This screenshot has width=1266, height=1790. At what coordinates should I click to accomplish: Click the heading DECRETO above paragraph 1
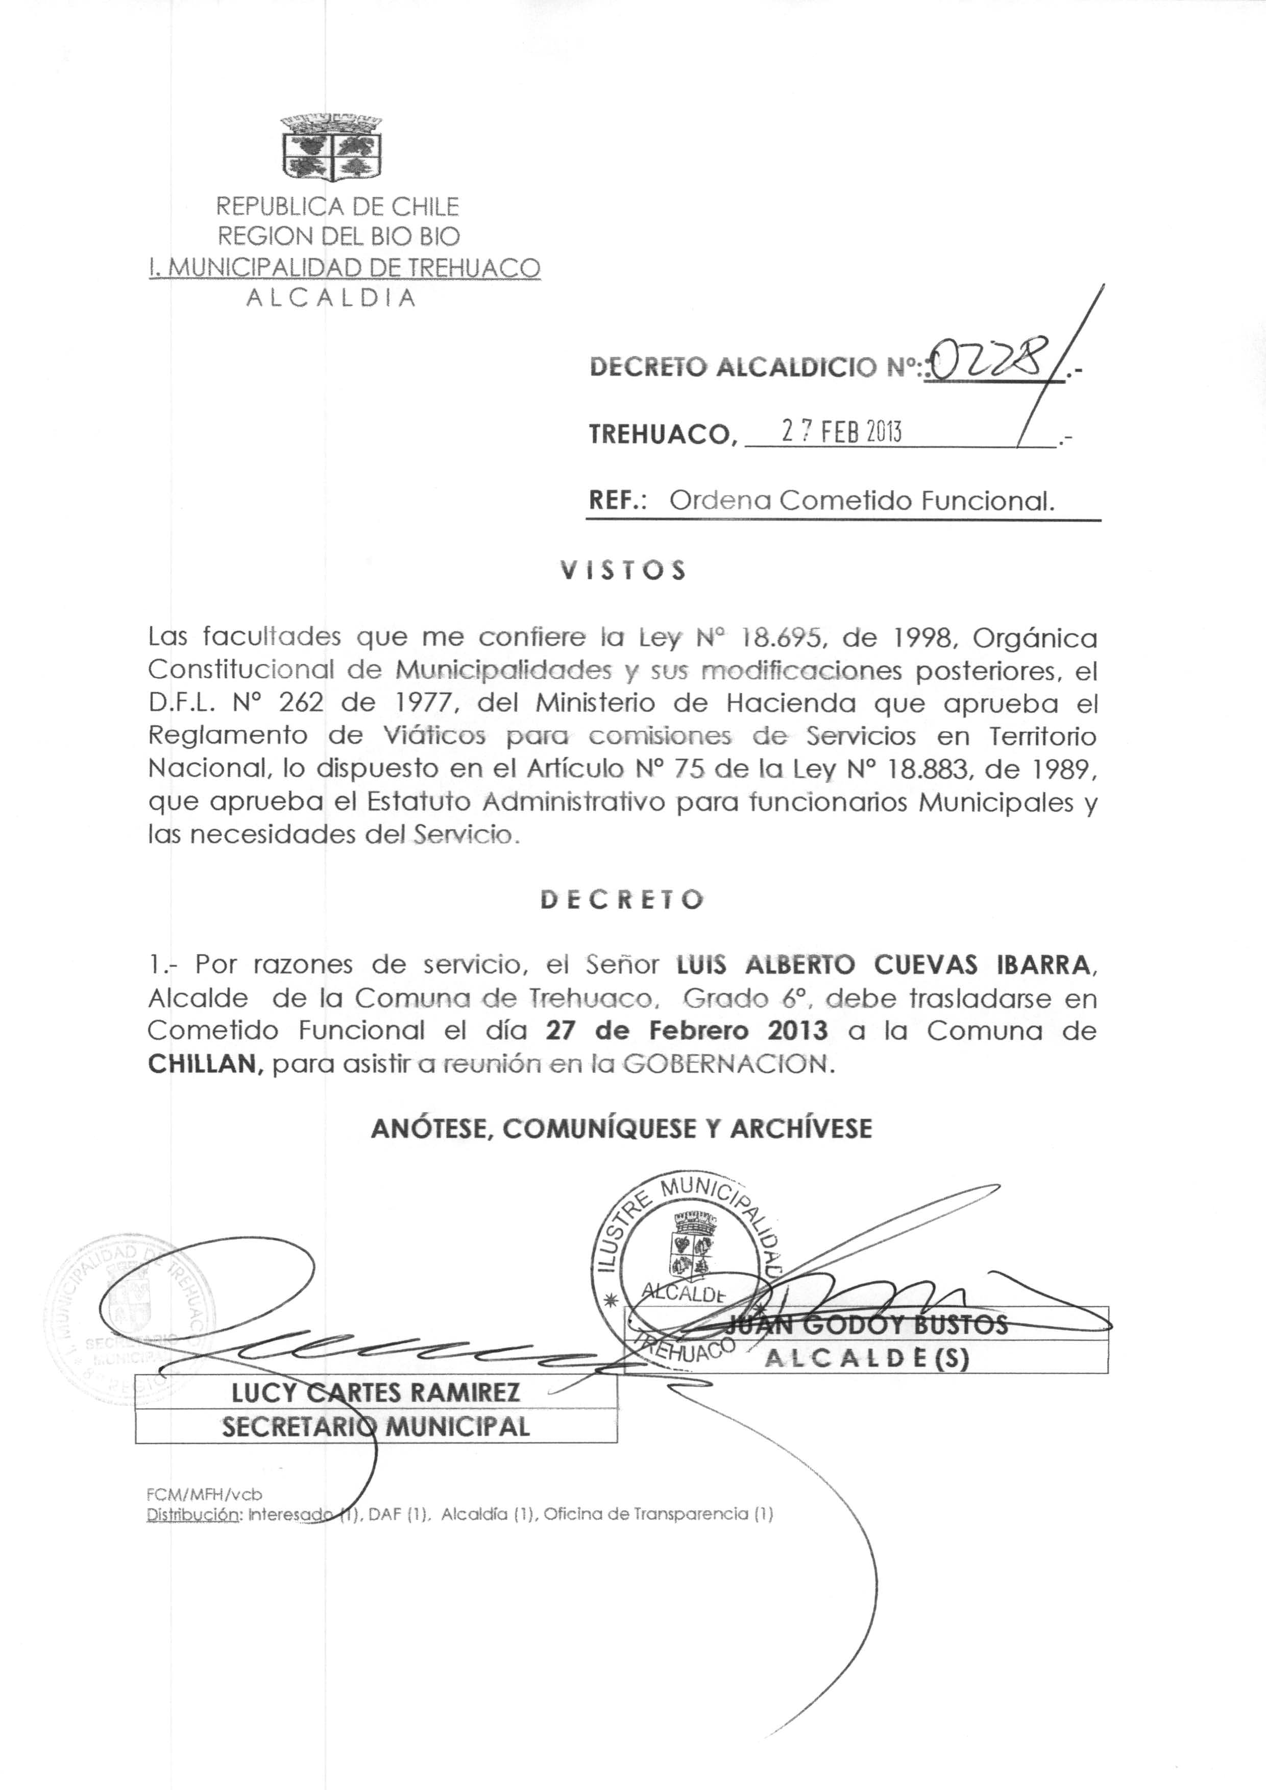pos(622,899)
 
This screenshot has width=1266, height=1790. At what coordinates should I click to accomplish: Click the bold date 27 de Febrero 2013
pos(686,1031)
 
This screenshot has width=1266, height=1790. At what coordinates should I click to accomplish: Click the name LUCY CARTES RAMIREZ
pos(375,1392)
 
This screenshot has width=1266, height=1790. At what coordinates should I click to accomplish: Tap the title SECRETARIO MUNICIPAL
pos(376,1427)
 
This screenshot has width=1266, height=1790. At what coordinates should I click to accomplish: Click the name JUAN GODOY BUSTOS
pos(866,1325)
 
